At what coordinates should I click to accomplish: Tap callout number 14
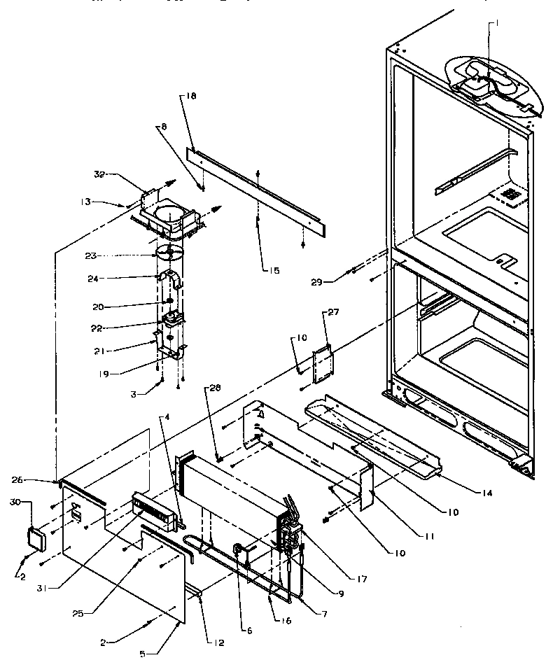tap(484, 493)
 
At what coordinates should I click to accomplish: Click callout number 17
tap(363, 579)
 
